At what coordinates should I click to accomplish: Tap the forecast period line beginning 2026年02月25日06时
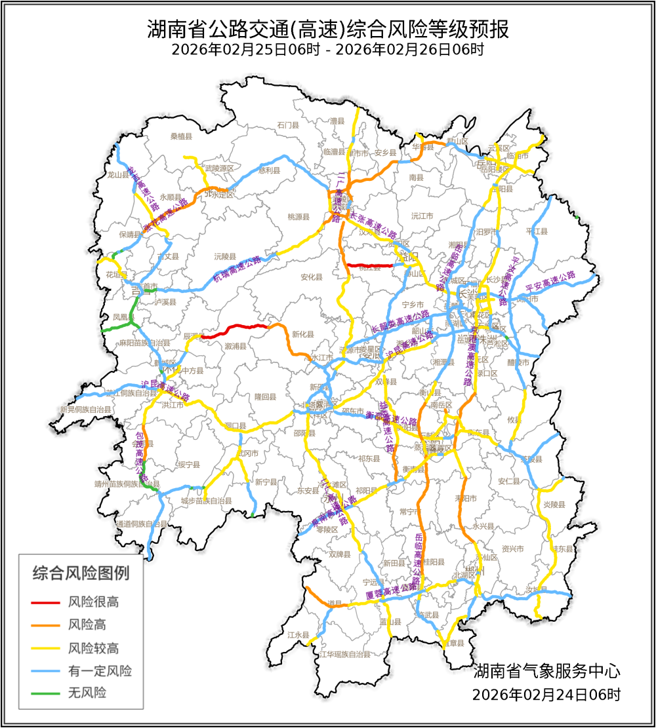[x=327, y=50]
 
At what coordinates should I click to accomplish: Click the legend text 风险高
[x=87, y=624]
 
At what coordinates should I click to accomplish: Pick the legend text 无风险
[x=87, y=692]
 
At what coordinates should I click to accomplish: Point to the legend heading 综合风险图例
[x=81, y=573]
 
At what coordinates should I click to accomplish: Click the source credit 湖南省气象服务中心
[x=546, y=671]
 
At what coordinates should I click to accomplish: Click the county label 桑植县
[x=181, y=136]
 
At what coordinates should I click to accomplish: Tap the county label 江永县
[x=298, y=635]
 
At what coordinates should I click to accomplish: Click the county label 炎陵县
[x=554, y=505]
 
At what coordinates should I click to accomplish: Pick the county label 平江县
[x=536, y=231]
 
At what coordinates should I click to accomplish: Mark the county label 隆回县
[x=266, y=397]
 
